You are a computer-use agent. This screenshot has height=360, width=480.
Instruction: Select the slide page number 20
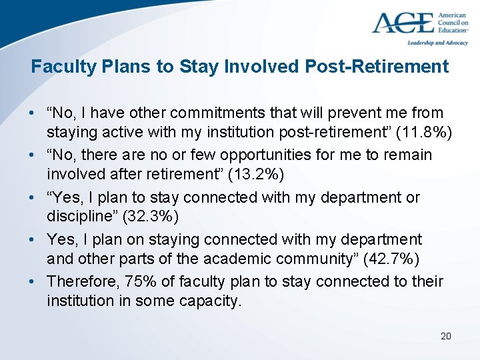[446, 335]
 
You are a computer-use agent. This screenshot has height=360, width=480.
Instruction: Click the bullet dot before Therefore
[34, 281]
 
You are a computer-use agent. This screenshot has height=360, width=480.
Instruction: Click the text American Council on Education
[453, 22]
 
